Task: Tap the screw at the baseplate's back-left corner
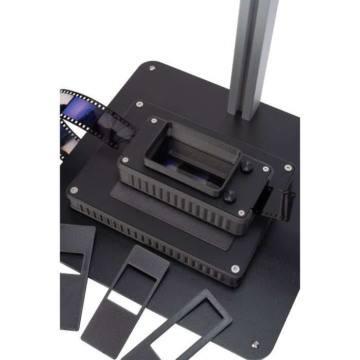click(152, 68)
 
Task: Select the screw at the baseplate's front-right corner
click(256, 344)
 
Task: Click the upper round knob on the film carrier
click(247, 166)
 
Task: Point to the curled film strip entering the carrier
click(90, 116)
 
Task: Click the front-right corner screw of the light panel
click(235, 268)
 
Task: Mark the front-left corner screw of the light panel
click(74, 190)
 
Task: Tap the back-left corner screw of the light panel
click(139, 104)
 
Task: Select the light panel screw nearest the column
click(288, 167)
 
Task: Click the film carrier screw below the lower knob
click(241, 212)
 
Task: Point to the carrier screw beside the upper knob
click(265, 169)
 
